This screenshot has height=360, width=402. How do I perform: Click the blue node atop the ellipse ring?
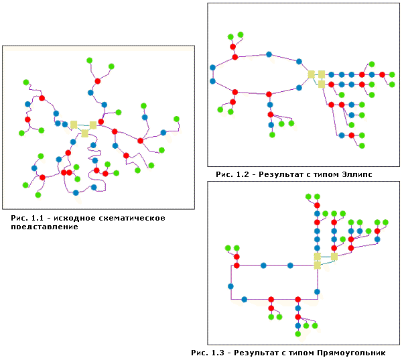tap(268, 54)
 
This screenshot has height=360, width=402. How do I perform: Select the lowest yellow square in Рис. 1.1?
tap(84, 134)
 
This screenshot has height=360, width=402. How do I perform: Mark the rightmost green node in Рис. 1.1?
tap(177, 119)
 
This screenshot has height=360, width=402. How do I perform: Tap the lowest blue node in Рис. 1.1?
tap(76, 193)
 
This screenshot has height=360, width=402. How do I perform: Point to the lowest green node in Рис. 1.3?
tap(297, 334)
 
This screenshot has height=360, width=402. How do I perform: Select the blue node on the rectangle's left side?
tap(231, 286)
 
